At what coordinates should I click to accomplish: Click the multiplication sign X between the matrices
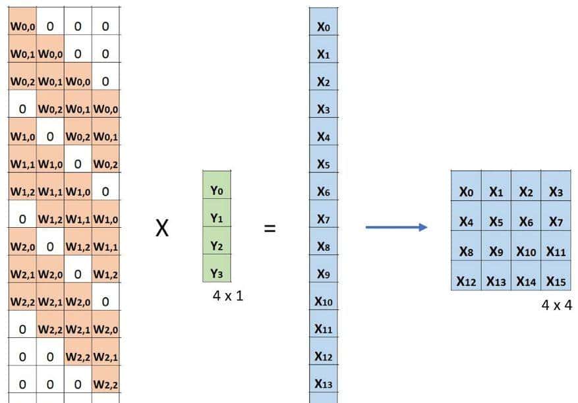(161, 229)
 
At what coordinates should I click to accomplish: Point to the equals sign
(270, 229)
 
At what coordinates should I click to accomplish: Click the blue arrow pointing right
(396, 227)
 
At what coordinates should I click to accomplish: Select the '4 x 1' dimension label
(228, 296)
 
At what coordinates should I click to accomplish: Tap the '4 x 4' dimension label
(557, 305)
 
